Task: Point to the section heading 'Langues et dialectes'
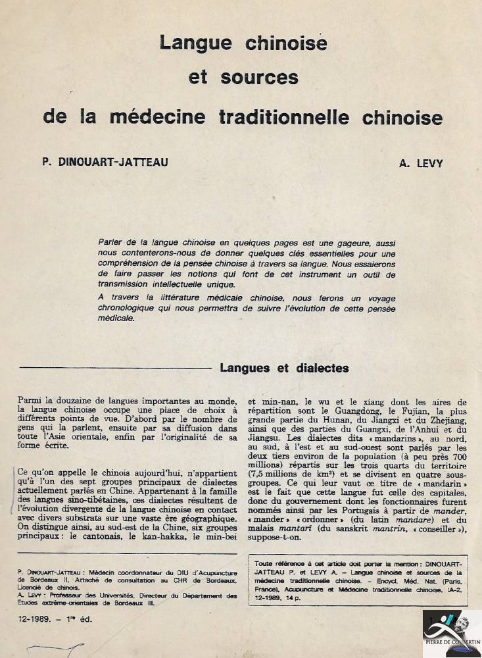click(x=284, y=368)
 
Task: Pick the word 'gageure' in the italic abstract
click(x=359, y=242)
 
